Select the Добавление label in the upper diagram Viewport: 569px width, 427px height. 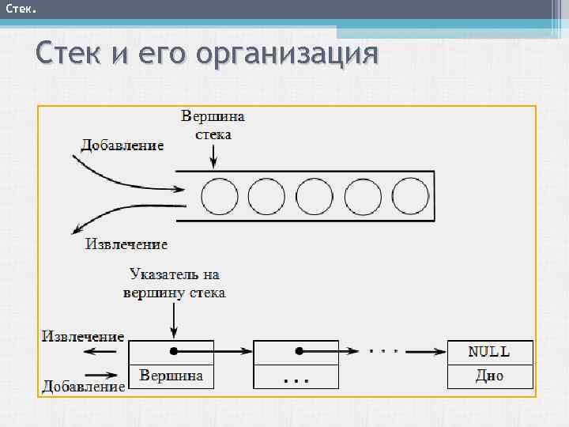(122, 145)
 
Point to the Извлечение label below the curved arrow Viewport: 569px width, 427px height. (126, 244)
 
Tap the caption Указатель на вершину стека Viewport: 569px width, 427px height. (175, 284)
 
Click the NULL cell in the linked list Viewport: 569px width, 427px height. (489, 352)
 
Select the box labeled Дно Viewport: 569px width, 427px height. (489, 376)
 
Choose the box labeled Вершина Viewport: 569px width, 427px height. (171, 376)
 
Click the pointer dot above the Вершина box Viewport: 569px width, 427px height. (171, 351)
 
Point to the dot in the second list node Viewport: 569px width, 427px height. (298, 351)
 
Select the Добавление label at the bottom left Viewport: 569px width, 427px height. (83, 387)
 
